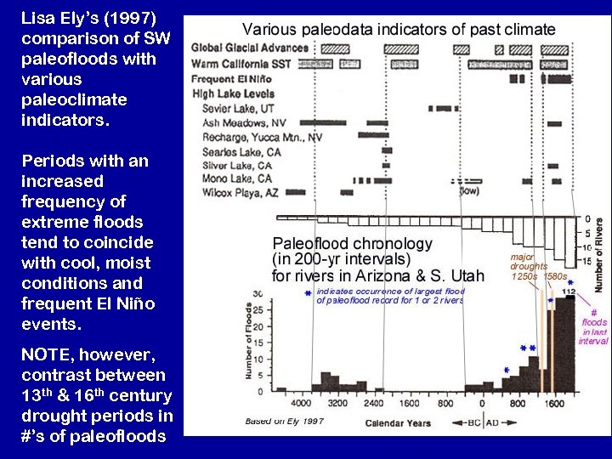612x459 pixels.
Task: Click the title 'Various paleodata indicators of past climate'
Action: click(x=399, y=29)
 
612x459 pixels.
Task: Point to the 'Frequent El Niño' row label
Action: click(x=234, y=79)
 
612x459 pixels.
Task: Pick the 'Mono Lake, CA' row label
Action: click(x=237, y=178)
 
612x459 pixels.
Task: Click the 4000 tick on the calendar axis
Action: click(x=301, y=404)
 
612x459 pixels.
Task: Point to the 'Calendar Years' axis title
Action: click(x=399, y=422)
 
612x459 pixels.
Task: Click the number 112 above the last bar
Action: click(x=569, y=292)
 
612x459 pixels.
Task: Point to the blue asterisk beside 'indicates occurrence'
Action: click(x=307, y=294)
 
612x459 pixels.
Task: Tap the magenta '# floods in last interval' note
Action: click(x=593, y=327)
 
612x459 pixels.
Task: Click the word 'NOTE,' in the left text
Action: click(x=48, y=355)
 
